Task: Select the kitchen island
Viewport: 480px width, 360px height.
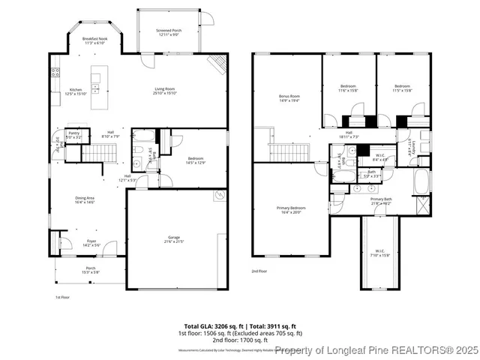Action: click(x=97, y=77)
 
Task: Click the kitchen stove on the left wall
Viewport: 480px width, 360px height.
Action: click(x=55, y=73)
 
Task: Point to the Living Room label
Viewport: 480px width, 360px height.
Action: click(x=164, y=88)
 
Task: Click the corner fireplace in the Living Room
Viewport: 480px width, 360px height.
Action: click(x=217, y=64)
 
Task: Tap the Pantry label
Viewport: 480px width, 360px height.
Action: click(x=73, y=133)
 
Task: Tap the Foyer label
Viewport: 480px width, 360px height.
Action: click(x=88, y=241)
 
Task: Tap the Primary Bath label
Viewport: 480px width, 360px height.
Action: click(x=381, y=199)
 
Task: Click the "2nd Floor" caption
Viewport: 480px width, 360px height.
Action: click(x=259, y=271)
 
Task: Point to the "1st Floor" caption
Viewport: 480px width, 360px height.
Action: click(x=62, y=297)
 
